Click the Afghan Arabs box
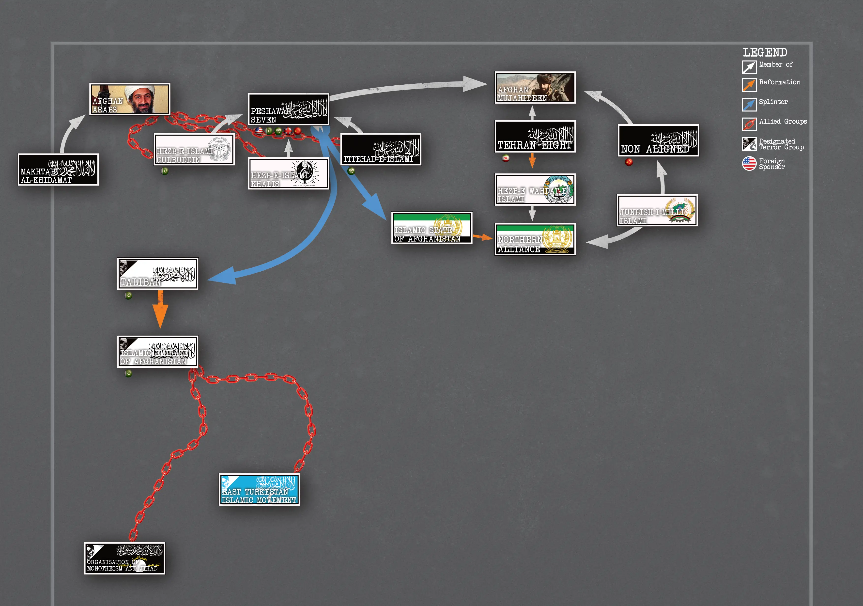tap(130, 99)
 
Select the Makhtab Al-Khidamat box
tap(58, 170)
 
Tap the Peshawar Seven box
tap(288, 109)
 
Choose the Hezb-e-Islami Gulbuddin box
tap(194, 149)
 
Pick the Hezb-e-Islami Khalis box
tap(288, 173)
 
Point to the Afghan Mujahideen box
tap(535, 88)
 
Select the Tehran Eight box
tap(535, 137)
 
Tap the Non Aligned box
tap(658, 140)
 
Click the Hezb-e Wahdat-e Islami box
tap(535, 189)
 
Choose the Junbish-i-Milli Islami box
tap(657, 210)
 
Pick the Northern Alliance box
tap(535, 239)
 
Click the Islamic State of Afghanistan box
tap(431, 228)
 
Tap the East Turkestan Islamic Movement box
tap(259, 489)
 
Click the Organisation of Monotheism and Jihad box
tap(124, 558)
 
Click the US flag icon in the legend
tap(749, 164)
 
